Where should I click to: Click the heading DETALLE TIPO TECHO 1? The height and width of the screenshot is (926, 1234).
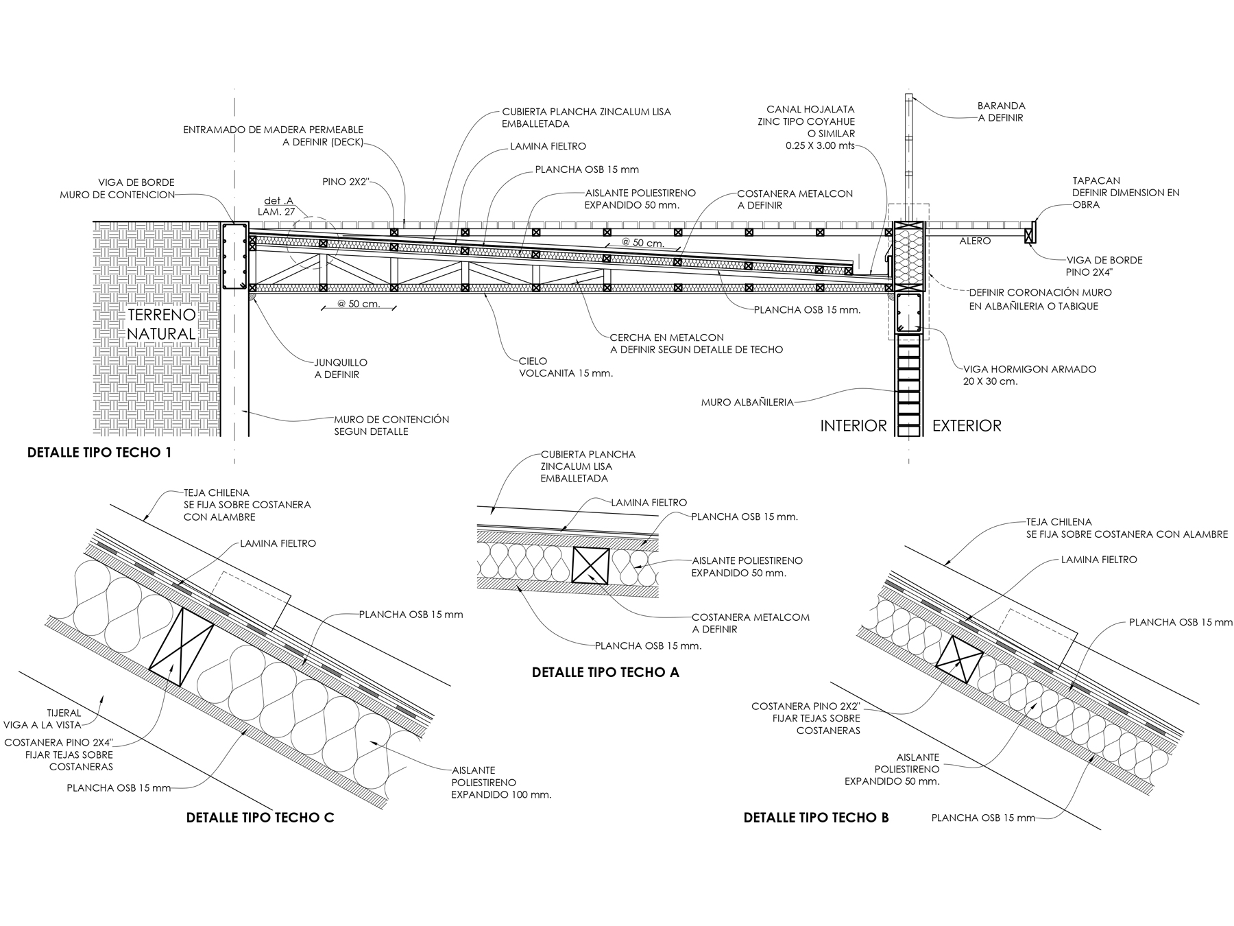tap(99, 453)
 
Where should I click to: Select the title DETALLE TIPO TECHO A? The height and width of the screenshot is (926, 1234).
tap(605, 672)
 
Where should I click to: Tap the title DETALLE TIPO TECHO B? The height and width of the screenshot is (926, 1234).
tap(816, 818)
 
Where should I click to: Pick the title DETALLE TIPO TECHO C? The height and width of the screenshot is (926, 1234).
tap(261, 818)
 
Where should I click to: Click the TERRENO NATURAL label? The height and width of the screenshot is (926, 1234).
tap(162, 324)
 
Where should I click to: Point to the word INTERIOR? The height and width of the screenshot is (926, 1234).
tap(854, 426)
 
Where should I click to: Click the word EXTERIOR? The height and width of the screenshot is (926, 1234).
tap(967, 426)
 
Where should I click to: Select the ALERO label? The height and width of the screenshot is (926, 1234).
tap(975, 241)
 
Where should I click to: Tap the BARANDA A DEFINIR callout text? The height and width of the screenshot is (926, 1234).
tap(1002, 112)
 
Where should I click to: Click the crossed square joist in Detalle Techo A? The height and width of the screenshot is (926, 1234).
tap(590, 565)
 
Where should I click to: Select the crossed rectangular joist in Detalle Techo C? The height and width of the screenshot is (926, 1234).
tap(182, 647)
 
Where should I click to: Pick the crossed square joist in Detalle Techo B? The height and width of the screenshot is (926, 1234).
tap(960, 660)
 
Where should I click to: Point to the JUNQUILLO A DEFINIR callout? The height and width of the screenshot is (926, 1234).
tap(341, 368)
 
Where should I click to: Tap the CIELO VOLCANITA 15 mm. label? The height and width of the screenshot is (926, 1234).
tap(566, 367)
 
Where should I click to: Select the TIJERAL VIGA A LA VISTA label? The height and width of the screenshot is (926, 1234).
tap(52, 719)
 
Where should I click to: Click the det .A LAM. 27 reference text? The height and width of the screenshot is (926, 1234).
tap(276, 206)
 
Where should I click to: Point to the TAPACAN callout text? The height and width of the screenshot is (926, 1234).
tap(1126, 193)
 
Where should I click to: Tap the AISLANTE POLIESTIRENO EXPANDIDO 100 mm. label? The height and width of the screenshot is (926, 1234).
tap(501, 783)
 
